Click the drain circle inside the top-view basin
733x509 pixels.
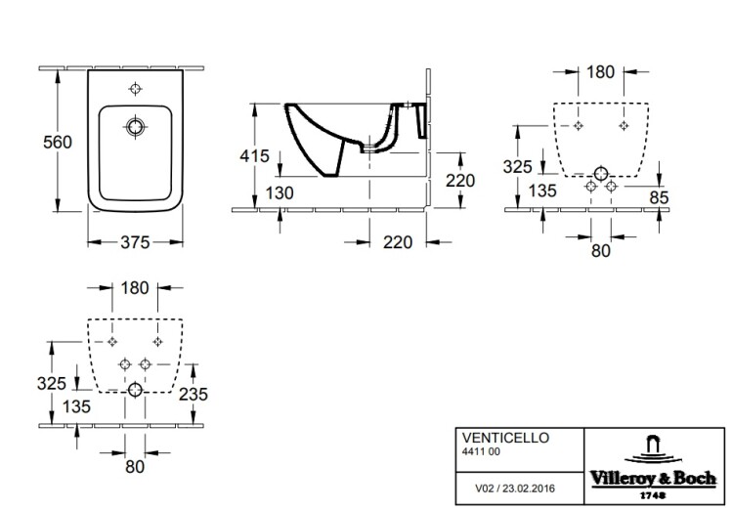tap(135, 127)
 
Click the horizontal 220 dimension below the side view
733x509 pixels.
tap(399, 242)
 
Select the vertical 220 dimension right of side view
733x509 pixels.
tap(458, 181)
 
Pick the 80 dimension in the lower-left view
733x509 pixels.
tap(135, 467)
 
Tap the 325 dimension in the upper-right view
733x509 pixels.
tap(518, 166)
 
